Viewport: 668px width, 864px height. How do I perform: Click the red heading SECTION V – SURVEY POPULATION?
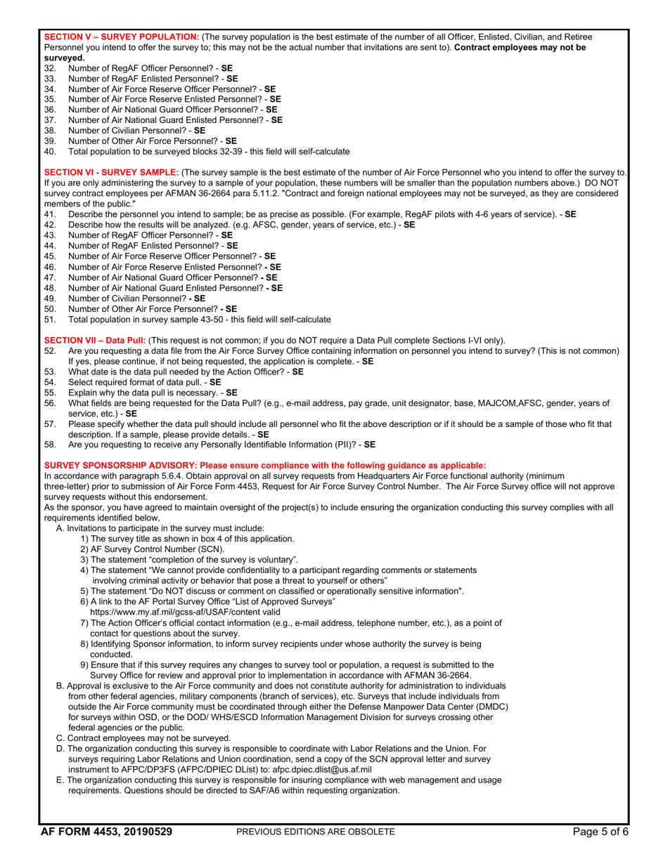[x=122, y=36]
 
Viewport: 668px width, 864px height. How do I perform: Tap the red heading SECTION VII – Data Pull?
[x=95, y=340]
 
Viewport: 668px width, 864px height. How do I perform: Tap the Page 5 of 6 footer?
[x=600, y=832]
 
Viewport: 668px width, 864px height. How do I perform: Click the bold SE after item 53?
[x=297, y=372]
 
